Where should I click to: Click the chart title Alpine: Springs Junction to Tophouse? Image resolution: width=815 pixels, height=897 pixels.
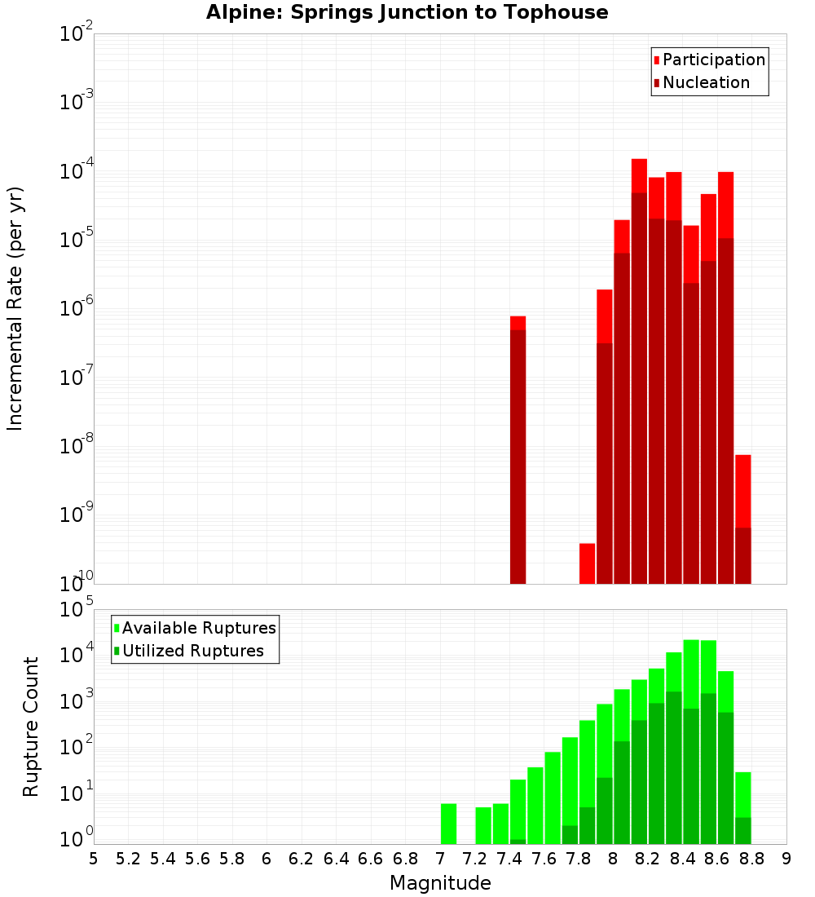tap(407, 12)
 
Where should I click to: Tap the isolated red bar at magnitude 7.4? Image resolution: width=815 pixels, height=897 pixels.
tap(518, 448)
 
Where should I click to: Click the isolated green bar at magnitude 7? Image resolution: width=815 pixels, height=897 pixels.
tap(448, 824)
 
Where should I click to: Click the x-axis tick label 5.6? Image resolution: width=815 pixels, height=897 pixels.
tap(197, 859)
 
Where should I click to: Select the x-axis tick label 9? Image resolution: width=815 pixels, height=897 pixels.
tap(786, 859)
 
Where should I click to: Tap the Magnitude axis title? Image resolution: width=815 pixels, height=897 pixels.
tap(440, 883)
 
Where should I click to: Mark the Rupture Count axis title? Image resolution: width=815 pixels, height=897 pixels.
tap(31, 726)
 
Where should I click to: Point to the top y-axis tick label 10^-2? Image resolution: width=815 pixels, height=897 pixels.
tap(77, 34)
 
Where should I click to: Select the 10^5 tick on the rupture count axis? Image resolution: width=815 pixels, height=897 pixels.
tap(77, 609)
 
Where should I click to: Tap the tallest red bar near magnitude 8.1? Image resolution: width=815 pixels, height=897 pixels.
tap(639, 367)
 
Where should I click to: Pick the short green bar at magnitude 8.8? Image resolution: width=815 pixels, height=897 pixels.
tap(742, 807)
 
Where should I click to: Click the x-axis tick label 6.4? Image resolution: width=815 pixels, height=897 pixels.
tap(336, 859)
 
